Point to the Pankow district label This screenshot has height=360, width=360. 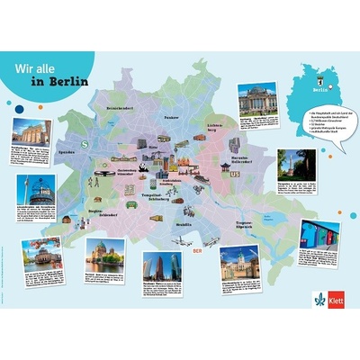point(171,118)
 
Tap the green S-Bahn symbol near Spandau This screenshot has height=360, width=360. point(83,141)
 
